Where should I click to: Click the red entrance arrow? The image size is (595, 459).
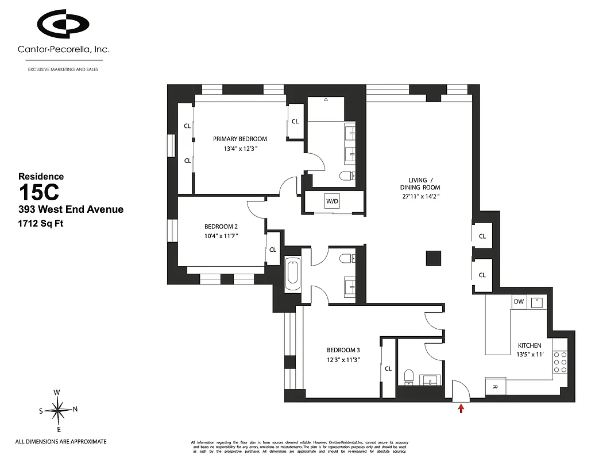(461, 408)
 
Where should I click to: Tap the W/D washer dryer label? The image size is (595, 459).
(333, 201)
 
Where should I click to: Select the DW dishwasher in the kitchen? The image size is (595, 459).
(519, 301)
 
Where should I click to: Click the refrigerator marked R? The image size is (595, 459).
(495, 387)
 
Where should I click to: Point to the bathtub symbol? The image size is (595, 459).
(292, 274)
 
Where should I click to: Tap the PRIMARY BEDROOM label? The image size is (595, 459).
(240, 139)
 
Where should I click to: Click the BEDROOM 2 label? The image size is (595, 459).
(221, 226)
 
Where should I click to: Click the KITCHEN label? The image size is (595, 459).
(530, 345)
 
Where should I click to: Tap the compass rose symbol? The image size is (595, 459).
(57, 410)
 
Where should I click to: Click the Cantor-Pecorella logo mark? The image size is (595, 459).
(63, 24)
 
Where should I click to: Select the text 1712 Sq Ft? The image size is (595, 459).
(41, 223)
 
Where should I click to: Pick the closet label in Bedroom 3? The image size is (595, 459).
(388, 369)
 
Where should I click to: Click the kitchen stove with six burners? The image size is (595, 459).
(560, 363)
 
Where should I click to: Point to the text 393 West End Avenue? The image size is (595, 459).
(71, 209)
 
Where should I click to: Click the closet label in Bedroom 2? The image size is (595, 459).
(273, 250)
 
